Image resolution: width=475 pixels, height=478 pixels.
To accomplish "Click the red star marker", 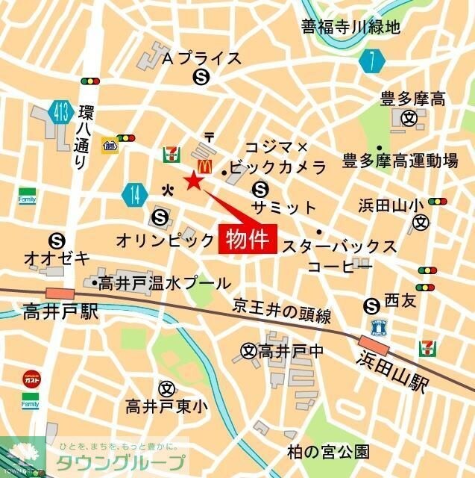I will point(194,180).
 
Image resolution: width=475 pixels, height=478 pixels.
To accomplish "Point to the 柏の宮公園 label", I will point(328,451).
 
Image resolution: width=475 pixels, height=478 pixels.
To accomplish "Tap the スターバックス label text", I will point(339,246).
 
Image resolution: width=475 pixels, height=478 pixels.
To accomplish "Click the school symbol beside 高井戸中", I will point(248,350).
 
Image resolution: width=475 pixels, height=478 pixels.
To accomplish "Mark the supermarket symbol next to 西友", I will point(371,305).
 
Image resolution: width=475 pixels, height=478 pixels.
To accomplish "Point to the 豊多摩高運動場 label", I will point(400,161).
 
